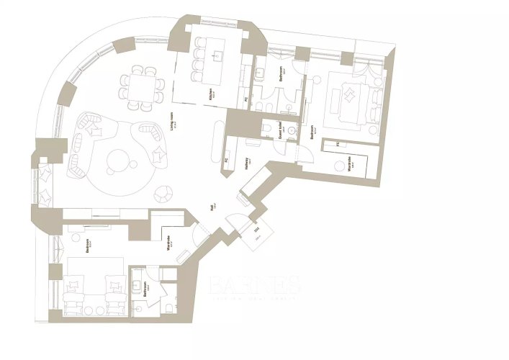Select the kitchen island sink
pos(217,52)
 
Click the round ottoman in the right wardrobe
pos(338,165)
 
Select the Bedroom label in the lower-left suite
pos(87,247)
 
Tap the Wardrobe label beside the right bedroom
pos(348,162)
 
